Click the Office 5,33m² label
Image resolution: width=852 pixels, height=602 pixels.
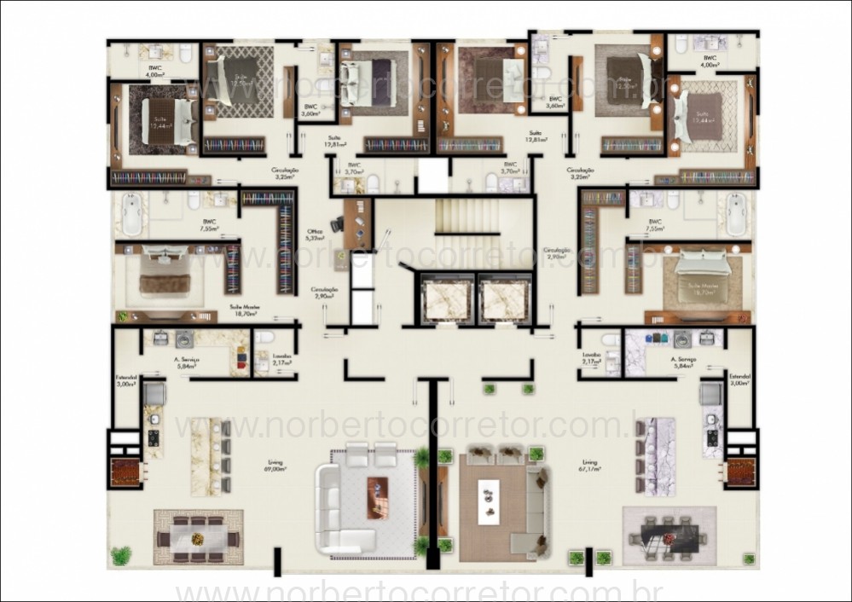[315, 234]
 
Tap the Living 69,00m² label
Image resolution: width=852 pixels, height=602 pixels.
[275, 466]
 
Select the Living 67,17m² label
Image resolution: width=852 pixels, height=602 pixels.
[589, 465]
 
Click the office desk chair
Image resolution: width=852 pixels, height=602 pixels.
[336, 224]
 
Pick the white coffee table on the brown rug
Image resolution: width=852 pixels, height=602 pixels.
[490, 497]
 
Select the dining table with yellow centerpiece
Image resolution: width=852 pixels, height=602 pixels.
[198, 538]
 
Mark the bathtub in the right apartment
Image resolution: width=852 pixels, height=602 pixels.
[734, 214]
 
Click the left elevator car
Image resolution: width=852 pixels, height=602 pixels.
[446, 300]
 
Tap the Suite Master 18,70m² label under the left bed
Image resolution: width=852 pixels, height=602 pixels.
[245, 310]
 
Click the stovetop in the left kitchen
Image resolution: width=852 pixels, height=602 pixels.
[154, 438]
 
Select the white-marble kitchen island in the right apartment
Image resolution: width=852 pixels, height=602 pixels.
[661, 456]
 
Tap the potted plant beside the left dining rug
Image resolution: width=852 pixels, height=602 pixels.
[121, 555]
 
